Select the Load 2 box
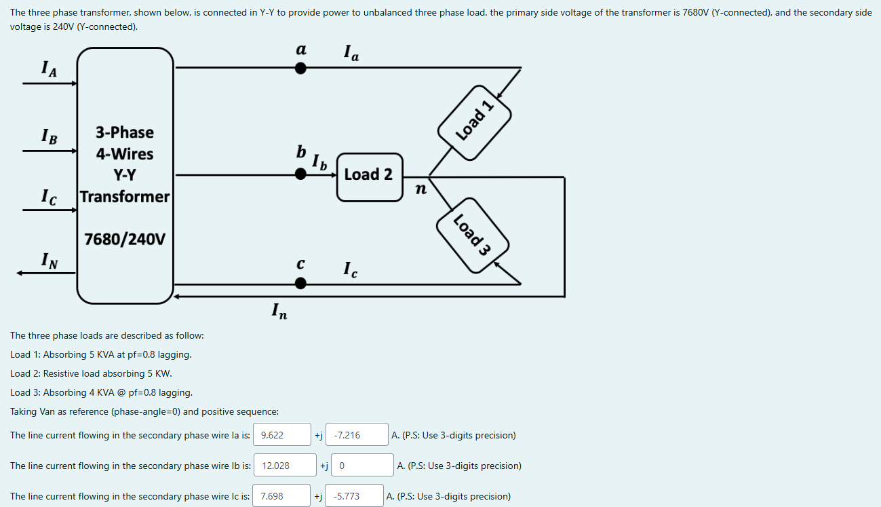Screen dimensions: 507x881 click(x=369, y=175)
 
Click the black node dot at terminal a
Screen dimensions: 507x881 click(x=300, y=68)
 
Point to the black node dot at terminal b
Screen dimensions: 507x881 click(x=300, y=174)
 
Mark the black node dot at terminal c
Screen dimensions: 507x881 click(x=300, y=284)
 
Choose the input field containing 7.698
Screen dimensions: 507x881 click(x=281, y=496)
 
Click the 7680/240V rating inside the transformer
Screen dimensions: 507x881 click(x=125, y=240)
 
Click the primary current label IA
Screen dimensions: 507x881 click(x=49, y=68)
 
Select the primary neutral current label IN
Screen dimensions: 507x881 click(x=49, y=259)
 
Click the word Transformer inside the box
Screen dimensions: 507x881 click(x=125, y=197)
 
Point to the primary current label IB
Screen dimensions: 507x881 click(x=49, y=135)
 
